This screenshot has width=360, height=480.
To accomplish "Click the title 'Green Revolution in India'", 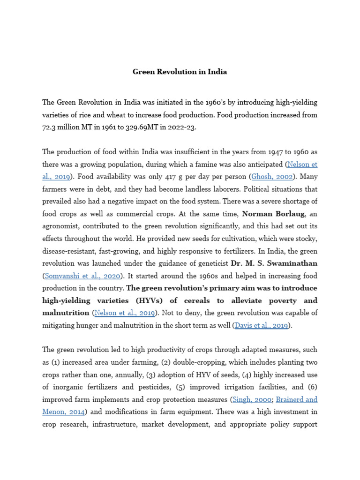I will click(x=180, y=72).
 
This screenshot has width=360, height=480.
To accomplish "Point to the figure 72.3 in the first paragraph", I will click(x=50, y=127).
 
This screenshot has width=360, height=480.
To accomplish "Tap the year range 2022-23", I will click(x=182, y=127).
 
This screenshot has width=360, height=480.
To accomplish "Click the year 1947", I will click(x=277, y=152).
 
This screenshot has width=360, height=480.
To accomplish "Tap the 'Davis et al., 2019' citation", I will click(x=261, y=325).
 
